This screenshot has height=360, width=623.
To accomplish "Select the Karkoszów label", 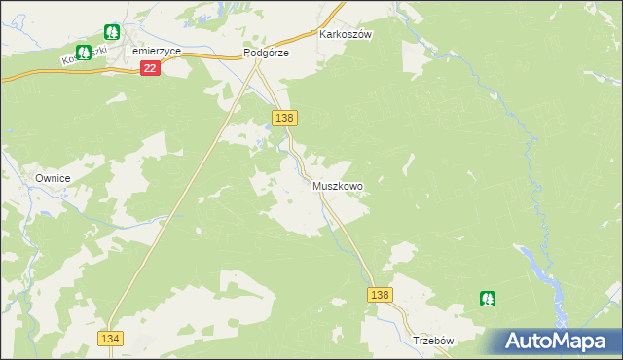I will [347, 34].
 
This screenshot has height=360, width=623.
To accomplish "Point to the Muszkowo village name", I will [338, 185].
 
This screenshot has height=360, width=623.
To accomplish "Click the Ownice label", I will [55, 178].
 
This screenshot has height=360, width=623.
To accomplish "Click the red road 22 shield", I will [150, 68].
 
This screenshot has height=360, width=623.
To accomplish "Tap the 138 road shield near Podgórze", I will [284, 118].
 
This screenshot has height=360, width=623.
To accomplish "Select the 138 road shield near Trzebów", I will [380, 295].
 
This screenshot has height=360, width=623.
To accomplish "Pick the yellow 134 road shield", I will [110, 337].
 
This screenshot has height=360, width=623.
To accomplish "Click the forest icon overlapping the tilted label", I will [83, 52].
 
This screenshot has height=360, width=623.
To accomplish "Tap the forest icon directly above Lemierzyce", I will [112, 32].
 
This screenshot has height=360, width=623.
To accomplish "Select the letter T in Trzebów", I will [416, 342].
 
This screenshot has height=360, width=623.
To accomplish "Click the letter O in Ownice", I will [40, 178].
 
